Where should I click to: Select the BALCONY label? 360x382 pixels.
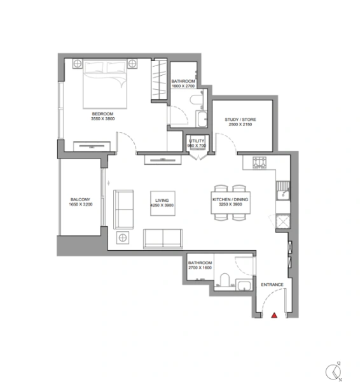click(81, 201)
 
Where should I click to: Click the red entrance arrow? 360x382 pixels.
click(274, 315)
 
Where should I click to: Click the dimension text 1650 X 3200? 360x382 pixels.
click(81, 206)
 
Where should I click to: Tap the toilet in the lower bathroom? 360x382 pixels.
click(223, 279)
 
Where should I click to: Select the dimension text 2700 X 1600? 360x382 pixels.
click(199, 268)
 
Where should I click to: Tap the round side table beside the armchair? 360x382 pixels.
click(122, 238)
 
